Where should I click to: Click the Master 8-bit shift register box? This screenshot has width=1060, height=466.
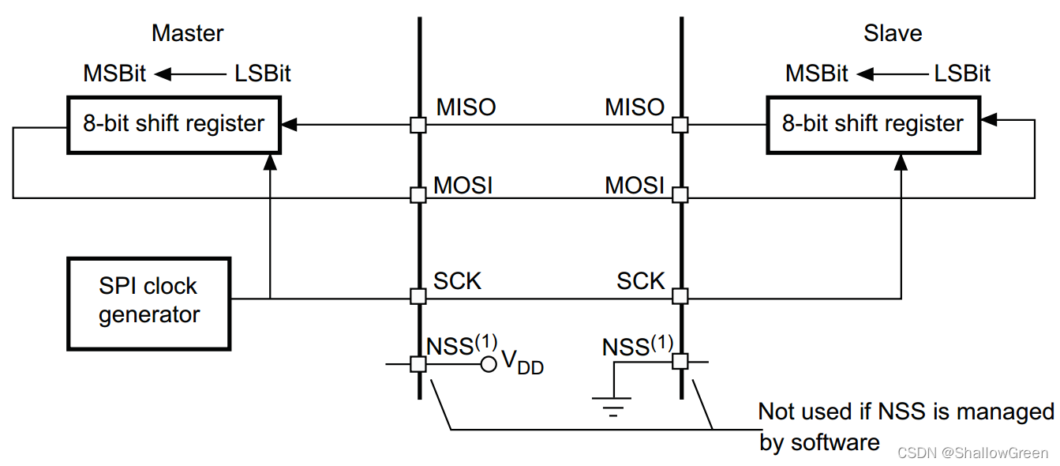pos(174,124)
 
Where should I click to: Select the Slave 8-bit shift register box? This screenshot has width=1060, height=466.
pos(872,124)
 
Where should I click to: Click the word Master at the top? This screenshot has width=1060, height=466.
pos(187,33)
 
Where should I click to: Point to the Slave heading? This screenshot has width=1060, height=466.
pos(893,33)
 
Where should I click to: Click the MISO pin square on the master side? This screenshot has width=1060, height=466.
pos(418,125)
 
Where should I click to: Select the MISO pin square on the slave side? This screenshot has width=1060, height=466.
pos(680,125)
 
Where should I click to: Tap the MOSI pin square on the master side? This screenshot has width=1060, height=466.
pos(418,195)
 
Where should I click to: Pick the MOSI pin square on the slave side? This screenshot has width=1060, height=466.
pos(680,195)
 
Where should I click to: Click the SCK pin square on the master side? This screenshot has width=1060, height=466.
pos(418,296)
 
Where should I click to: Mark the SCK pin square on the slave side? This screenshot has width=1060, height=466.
pos(680,296)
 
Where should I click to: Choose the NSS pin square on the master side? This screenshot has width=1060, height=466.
pos(418,363)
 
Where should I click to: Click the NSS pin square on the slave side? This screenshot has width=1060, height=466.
pos(680,362)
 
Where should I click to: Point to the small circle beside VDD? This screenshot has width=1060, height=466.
pos(489,363)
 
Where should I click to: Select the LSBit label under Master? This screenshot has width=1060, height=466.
pos(263,74)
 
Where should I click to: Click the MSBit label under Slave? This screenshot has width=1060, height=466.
pos(816,74)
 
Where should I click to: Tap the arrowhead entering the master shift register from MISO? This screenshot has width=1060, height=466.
pos(289,125)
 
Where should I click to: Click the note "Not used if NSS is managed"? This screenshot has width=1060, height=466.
pos(905,412)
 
